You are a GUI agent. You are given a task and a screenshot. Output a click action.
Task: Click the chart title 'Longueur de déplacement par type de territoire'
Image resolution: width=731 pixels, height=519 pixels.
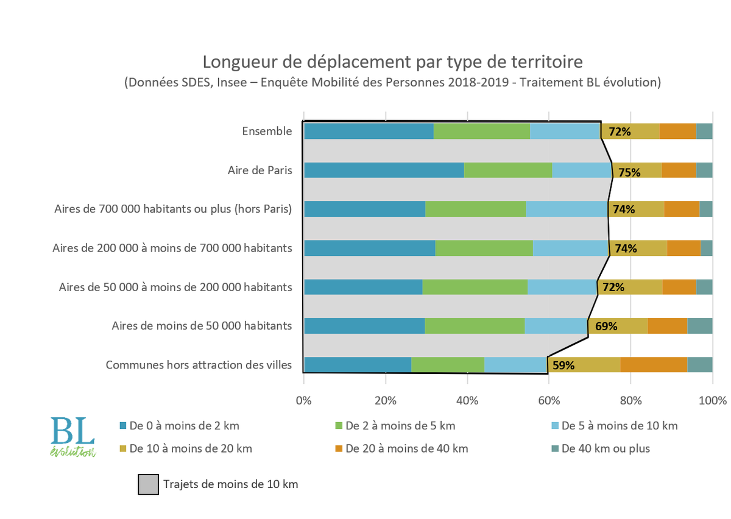pos(393,62)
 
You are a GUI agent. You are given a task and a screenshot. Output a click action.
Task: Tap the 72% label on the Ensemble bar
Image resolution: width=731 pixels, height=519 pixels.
pos(619,131)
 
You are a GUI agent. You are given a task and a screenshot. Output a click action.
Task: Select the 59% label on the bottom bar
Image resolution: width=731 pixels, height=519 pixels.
pos(563,365)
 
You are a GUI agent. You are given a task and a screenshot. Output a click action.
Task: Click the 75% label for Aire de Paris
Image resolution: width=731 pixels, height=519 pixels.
pos(629,172)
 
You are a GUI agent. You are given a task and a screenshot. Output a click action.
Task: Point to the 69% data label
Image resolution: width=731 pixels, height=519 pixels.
pos(606,326)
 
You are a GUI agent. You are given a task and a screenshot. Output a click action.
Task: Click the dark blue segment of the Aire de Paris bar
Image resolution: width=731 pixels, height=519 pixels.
pos(384,170)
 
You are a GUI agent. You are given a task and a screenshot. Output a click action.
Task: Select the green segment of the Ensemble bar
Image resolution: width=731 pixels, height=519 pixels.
pos(481,131)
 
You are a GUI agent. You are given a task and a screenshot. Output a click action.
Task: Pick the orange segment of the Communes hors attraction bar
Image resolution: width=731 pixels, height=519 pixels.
pos(654,364)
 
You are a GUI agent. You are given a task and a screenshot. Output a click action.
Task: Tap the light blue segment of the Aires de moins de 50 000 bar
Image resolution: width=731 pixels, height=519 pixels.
pos(556,326)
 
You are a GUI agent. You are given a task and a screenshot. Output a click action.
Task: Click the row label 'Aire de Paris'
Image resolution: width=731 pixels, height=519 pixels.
pos(260,170)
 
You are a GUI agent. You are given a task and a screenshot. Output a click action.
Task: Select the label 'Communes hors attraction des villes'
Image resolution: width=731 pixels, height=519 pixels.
pos(199,365)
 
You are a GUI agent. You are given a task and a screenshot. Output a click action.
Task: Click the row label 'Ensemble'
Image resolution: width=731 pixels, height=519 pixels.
pos(267,131)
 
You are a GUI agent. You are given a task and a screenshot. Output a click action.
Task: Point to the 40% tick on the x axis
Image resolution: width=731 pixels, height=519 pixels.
pos(467,401)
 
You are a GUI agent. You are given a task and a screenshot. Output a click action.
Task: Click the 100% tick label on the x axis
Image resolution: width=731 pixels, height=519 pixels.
pos(713,401)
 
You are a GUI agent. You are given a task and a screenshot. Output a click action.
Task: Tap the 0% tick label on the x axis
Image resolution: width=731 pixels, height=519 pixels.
pos(303,401)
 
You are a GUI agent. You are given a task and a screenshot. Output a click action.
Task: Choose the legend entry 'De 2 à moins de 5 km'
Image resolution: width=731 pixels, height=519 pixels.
pos(400,426)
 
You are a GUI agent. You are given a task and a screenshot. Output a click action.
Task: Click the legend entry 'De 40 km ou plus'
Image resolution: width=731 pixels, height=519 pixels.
pos(606,448)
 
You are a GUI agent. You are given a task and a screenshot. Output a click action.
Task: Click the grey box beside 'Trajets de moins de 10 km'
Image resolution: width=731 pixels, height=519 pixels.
pos(148,485)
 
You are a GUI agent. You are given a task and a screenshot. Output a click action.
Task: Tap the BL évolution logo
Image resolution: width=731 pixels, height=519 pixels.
pos(72,436)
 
